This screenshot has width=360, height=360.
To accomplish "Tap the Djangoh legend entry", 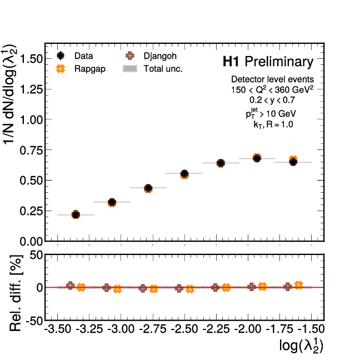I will (x=147, y=56).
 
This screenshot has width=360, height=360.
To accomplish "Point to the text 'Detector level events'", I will (x=272, y=79).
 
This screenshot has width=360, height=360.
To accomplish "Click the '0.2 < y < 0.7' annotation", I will (x=272, y=100).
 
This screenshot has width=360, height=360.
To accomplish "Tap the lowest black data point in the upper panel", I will (x=76, y=214).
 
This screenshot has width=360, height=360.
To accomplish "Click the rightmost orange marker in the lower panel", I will (x=298, y=285).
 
